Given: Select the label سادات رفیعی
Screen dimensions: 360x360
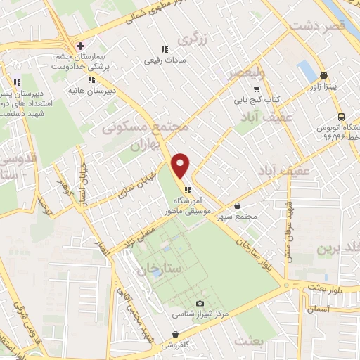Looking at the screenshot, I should pos(163,61).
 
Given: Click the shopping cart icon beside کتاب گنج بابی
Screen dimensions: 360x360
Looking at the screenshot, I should pos(257,89).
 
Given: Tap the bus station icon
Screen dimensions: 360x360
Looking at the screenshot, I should pos(341,117).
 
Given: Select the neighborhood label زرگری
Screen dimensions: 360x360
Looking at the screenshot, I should pos(193,39).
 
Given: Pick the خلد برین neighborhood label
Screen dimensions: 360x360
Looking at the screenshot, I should pos(337,249).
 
